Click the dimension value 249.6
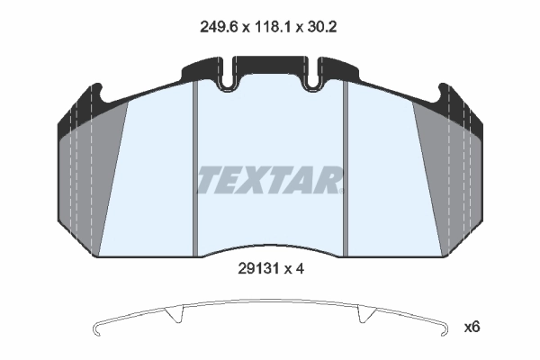(219, 26)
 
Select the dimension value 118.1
(273, 26)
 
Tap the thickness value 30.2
(321, 26)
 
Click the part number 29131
(258, 269)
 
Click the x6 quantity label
(472, 327)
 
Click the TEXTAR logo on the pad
(271, 179)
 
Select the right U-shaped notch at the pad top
(313, 79)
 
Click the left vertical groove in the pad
(195, 169)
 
